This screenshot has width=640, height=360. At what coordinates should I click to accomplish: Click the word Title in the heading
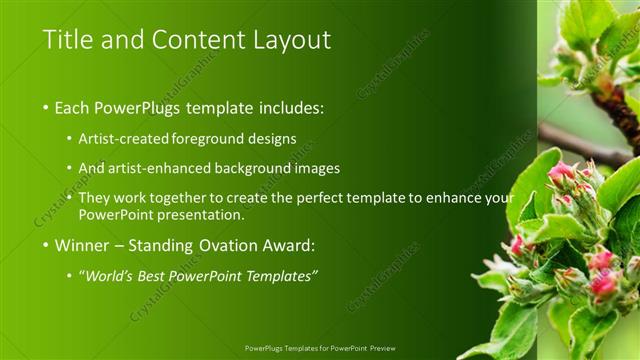click(x=68, y=40)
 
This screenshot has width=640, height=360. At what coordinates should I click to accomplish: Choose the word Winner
click(x=80, y=244)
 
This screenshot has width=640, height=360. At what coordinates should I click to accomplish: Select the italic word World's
click(x=111, y=275)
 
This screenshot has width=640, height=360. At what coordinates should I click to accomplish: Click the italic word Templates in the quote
click(x=279, y=275)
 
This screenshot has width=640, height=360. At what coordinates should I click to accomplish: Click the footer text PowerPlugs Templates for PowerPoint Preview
click(x=319, y=349)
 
